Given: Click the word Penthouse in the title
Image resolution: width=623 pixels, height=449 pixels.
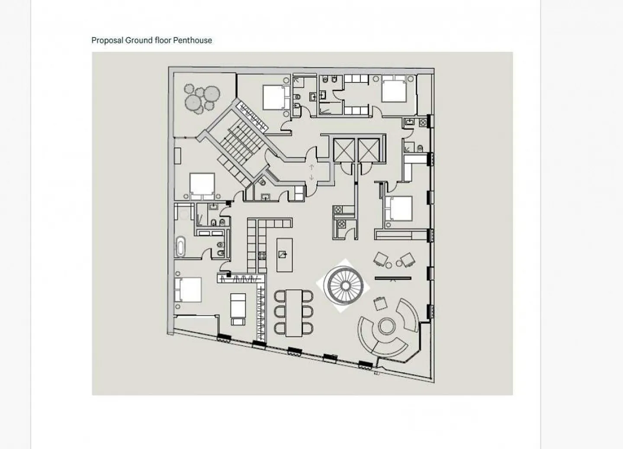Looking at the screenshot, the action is click(193, 40).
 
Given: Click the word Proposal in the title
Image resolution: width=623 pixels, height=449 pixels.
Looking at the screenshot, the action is click(107, 41).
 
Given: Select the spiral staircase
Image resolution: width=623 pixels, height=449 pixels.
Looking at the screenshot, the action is click(345, 286).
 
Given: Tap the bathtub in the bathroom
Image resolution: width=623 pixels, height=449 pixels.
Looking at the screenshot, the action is click(181, 247).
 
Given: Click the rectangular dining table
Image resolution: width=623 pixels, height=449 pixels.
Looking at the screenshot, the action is click(294, 313).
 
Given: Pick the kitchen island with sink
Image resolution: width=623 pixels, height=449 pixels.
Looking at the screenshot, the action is click(285, 255).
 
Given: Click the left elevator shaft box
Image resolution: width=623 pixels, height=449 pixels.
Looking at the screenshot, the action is click(344, 150).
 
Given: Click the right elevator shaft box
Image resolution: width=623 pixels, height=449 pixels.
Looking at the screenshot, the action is click(369, 150).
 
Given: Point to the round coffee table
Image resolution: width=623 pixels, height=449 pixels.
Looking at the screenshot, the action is click(386, 326).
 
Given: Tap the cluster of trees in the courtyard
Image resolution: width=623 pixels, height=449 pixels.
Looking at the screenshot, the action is click(202, 97).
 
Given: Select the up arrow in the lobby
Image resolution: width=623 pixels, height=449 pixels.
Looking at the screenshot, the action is click(311, 167).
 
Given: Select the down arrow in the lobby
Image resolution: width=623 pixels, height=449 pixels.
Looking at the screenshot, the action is click(311, 177).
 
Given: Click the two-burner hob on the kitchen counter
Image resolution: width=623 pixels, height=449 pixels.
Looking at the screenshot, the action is click(262, 255).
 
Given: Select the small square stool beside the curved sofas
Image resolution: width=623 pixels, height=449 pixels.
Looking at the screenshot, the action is click(380, 304).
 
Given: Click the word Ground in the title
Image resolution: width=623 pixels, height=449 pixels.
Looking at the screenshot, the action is click(139, 40).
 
